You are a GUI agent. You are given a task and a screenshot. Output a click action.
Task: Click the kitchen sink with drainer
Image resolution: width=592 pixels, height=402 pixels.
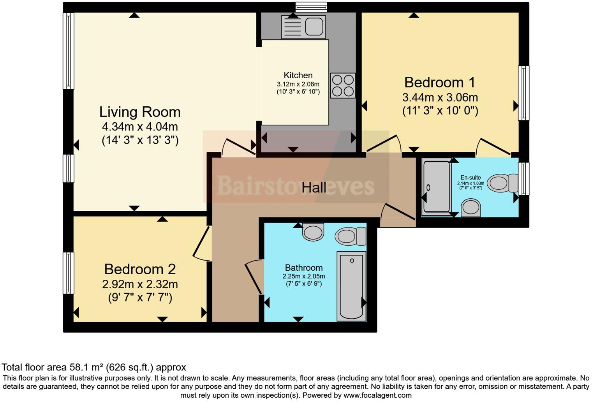click(303, 27)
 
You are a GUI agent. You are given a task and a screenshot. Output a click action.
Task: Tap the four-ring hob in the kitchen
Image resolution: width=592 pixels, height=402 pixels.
click(343, 85)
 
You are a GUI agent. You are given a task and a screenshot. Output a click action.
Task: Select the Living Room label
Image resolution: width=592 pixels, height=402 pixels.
click(140, 112)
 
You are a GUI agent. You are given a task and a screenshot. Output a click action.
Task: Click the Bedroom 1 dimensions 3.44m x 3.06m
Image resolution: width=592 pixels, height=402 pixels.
click(440, 97)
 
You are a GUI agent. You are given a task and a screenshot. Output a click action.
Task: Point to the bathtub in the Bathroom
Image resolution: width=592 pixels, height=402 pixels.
click(351, 286)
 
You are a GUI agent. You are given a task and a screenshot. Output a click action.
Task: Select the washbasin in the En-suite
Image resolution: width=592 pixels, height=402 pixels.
click(470, 207)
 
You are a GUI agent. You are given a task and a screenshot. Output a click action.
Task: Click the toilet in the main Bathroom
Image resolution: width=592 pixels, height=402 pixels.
click(350, 236)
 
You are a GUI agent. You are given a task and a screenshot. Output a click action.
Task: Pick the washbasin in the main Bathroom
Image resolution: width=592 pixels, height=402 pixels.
click(313, 232)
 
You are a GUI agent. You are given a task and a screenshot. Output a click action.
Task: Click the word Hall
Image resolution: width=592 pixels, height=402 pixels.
click(314, 188)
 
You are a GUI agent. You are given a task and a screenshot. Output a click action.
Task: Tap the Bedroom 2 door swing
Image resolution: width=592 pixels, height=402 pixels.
click(202, 245)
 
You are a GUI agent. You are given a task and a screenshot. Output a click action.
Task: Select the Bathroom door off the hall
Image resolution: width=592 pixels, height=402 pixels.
click(254, 277)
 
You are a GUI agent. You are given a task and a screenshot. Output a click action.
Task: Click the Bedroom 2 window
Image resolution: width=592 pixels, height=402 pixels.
click(69, 273)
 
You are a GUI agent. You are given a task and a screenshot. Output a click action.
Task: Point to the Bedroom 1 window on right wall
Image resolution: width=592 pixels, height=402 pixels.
click(524, 93)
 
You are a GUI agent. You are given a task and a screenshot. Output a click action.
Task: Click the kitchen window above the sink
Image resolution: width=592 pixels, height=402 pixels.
click(311, 7)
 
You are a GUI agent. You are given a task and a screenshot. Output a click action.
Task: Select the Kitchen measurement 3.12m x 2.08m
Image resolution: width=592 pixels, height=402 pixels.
click(298, 84)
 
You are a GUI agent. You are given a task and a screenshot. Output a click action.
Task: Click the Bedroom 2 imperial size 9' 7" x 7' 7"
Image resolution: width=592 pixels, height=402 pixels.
click(140, 298)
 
